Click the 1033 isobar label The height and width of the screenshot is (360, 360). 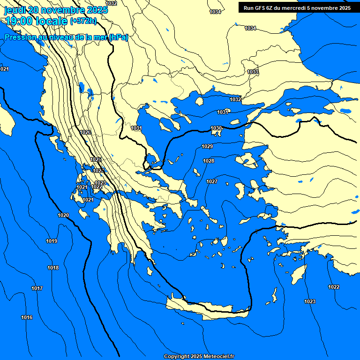[253, 72]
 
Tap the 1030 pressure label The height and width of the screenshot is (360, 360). [216, 128]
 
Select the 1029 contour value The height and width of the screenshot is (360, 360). [207, 147]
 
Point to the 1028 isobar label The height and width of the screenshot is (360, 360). [209, 161]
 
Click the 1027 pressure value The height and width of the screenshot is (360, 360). [212, 181]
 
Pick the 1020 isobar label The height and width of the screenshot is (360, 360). [63, 215]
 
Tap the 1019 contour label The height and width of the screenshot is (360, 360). [52, 241]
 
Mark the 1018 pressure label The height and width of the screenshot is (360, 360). [53, 268]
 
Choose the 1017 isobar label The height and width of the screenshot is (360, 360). [37, 288]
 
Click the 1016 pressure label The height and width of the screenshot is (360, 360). [27, 318]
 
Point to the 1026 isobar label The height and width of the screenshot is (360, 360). [85, 133]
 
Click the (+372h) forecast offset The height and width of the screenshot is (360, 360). [83, 21]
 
